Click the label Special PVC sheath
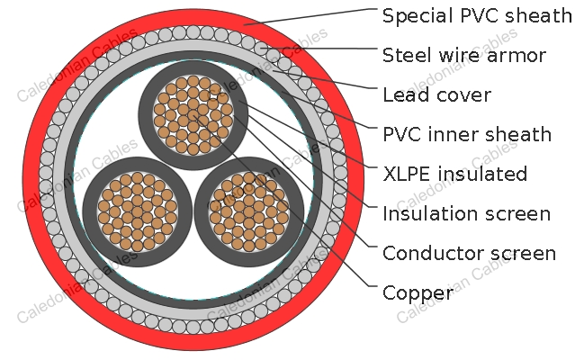click(x=477, y=16)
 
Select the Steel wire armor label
click(x=464, y=56)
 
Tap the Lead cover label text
click(x=436, y=94)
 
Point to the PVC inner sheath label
click(x=467, y=134)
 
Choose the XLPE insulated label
click(x=454, y=174)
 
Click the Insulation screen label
click(x=466, y=213)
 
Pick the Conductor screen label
click(x=469, y=253)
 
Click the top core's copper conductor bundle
click(x=193, y=114)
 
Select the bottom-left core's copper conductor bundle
click(x=137, y=211)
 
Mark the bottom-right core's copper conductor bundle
click(x=248, y=211)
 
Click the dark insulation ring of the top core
click(x=146, y=114)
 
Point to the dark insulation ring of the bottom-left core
click(x=90, y=211)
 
